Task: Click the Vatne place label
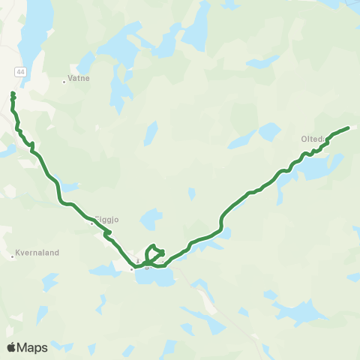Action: (x=78, y=77)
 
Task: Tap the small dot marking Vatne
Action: (x=64, y=82)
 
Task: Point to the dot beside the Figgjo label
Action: (x=91, y=223)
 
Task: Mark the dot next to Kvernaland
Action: (x=13, y=257)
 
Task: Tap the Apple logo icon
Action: (x=12, y=347)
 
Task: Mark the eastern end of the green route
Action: (x=349, y=127)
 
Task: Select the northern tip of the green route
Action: (x=13, y=93)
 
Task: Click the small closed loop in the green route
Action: (x=155, y=253)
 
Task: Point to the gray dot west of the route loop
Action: (x=131, y=268)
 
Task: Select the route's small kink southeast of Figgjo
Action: (x=109, y=233)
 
